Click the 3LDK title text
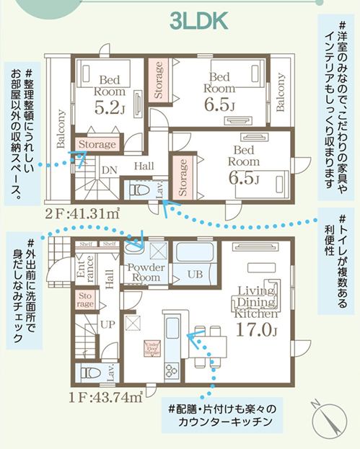point(199,21)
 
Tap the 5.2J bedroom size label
point(110,107)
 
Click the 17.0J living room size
point(256,329)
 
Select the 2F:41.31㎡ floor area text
point(82,213)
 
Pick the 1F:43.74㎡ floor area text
point(105,397)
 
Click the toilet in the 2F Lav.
point(138,190)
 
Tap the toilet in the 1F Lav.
point(90,373)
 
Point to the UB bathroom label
point(196,275)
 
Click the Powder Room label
point(146,272)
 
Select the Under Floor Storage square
point(152,348)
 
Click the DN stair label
point(110,170)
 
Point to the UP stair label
point(107,324)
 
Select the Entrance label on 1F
point(85,269)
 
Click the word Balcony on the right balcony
point(281,92)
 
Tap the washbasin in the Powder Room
point(134,247)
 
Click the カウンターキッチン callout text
point(225,422)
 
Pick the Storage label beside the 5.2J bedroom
point(97,144)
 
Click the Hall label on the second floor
point(144,166)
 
